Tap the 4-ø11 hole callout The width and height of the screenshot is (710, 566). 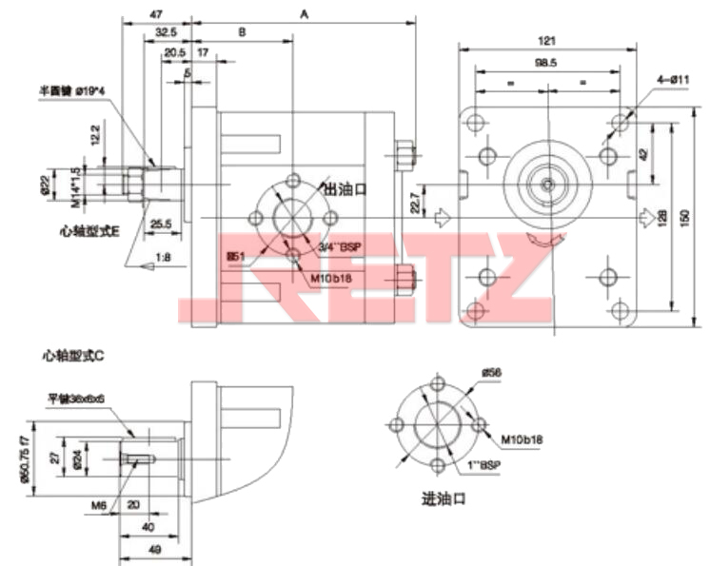(x=672, y=79)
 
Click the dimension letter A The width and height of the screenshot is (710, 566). (x=304, y=13)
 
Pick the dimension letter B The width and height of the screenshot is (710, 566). (x=242, y=32)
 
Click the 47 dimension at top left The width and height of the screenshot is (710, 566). (x=156, y=15)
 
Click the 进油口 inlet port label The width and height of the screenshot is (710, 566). (x=444, y=498)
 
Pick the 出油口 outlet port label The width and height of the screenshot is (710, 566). (x=345, y=188)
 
